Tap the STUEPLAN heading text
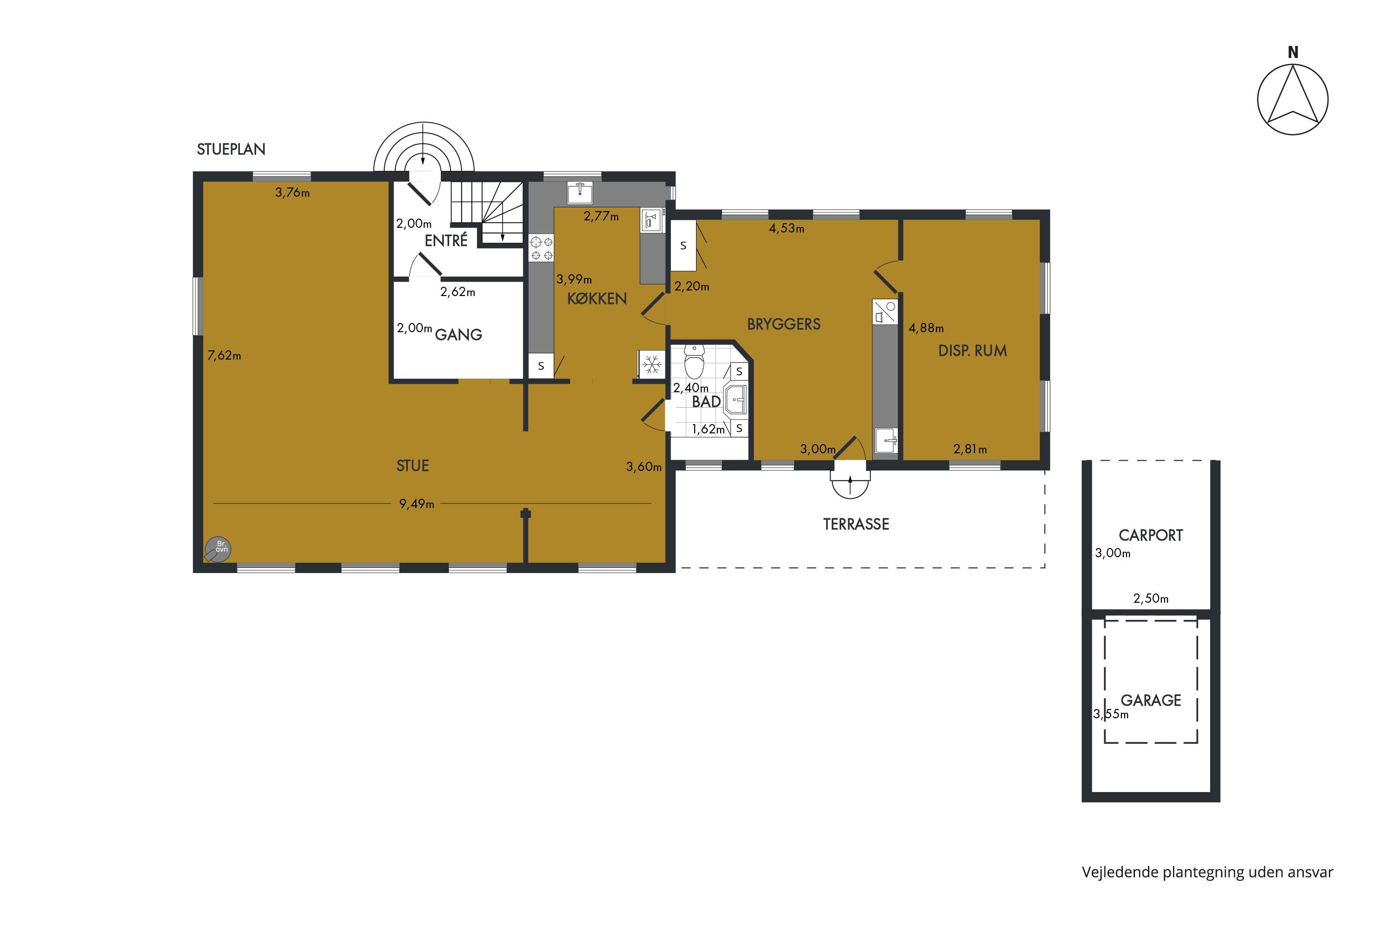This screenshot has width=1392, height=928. coord(231,149)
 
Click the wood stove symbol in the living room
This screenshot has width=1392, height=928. coord(217,549)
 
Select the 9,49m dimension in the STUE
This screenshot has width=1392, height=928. coord(417,503)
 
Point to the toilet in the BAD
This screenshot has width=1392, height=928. coord(694,361)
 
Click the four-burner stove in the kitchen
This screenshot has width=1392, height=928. coord(541,248)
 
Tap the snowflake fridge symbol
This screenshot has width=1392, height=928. coord(651,365)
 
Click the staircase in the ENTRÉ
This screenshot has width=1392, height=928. coord(487,213)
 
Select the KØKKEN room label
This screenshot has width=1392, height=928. coord(597,299)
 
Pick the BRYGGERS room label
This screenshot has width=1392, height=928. coord(784,324)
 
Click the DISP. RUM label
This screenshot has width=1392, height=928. coord(973,351)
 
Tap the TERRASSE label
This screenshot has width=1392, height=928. coord(856,524)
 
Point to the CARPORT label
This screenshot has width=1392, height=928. coord(1151,535)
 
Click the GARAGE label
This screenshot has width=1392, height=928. coord(1151,701)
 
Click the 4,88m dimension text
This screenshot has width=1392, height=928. coord(926,328)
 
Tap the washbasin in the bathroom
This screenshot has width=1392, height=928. coord(735,400)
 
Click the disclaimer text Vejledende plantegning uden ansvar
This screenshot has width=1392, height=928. coord(1207,872)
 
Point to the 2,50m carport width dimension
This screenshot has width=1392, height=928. coord(1151,599)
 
